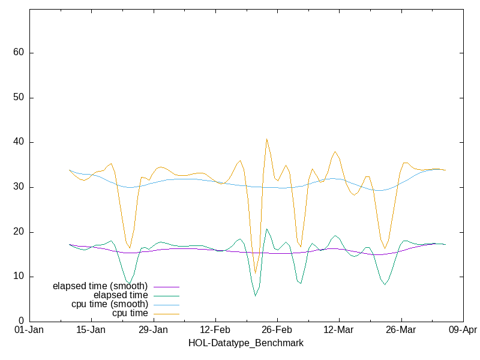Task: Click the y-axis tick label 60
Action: pyautogui.click(x=19, y=53)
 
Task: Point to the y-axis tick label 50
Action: pyautogui.click(x=19, y=98)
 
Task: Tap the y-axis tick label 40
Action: pyautogui.click(x=19, y=142)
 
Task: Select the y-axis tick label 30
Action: pyautogui.click(x=19, y=187)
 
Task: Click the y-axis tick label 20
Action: pyautogui.click(x=19, y=232)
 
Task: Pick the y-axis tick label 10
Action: pyautogui.click(x=19, y=277)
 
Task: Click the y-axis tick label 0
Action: pyautogui.click(x=21, y=322)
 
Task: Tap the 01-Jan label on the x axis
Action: pyautogui.click(x=29, y=330)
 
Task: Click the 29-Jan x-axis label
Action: pyautogui.click(x=153, y=330)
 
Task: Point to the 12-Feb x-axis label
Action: pyautogui.click(x=215, y=330)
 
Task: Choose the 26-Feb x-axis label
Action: pyautogui.click(x=277, y=330)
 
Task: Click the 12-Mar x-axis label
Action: pyautogui.click(x=338, y=330)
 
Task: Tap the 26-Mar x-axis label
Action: pyautogui.click(x=400, y=330)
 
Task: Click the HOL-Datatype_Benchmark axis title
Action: pyautogui.click(x=246, y=343)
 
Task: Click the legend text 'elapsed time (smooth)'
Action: pyautogui.click(x=100, y=286)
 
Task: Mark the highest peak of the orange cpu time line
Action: pyautogui.click(x=266, y=139)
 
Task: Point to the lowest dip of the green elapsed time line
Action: pyautogui.click(x=255, y=296)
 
